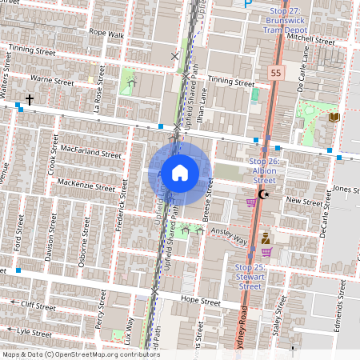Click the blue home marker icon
coord(180,172)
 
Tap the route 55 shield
coord(275,72)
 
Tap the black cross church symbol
coord(30,99)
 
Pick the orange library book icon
coord(334,118)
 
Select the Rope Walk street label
coord(107,34)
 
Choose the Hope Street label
coord(200,301)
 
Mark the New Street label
coord(303,202)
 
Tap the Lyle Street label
coord(34,330)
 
